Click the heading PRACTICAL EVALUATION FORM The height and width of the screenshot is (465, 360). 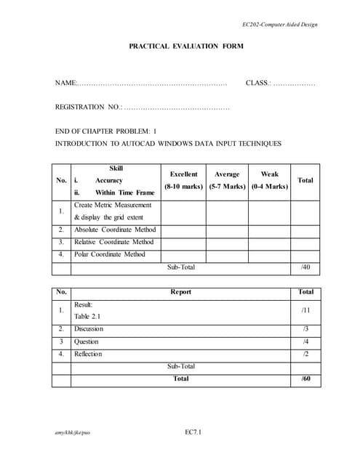tap(186, 46)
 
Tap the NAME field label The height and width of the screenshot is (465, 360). tap(65, 84)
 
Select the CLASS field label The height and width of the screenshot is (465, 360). tap(258, 84)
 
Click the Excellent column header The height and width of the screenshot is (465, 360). tap(183, 174)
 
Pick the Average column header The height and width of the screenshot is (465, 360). tap(227, 174)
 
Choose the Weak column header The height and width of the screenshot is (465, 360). tap(269, 174)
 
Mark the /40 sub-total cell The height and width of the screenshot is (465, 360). tap(305, 267)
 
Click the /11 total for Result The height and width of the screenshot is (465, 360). tap(305, 310)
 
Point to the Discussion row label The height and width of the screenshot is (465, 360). tap(89, 329)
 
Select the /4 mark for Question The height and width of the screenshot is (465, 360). tap(305, 341)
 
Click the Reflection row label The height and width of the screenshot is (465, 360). tap(88, 354)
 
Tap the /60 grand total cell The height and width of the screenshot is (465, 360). tap(305, 379)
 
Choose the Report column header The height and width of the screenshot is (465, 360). tap(180, 292)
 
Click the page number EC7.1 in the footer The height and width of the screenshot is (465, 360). tap(193, 433)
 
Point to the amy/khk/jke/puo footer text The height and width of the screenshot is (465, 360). tap(73, 433)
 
